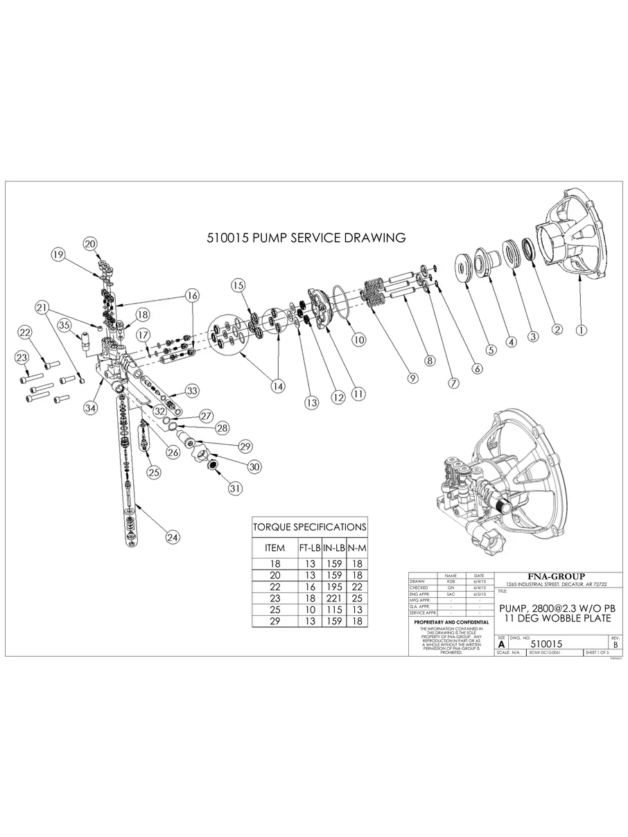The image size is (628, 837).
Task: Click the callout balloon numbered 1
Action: point(582,330)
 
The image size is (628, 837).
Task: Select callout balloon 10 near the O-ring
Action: point(358,340)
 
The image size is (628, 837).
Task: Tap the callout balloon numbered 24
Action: point(173,536)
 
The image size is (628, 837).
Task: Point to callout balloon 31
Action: point(236,488)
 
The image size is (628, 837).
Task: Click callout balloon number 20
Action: point(91,243)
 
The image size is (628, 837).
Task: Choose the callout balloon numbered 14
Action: point(278,387)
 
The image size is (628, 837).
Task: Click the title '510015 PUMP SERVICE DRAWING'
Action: point(306,238)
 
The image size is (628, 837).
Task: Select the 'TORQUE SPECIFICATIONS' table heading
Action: point(309,527)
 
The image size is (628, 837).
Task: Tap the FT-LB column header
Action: point(309,547)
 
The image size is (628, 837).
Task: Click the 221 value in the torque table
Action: point(333,597)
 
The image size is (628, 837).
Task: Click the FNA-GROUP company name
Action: point(557,576)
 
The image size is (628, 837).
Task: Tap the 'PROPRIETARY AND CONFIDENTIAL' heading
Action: point(451,622)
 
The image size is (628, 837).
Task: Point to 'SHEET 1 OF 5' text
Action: point(597,653)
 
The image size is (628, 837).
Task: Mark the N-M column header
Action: point(357,547)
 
